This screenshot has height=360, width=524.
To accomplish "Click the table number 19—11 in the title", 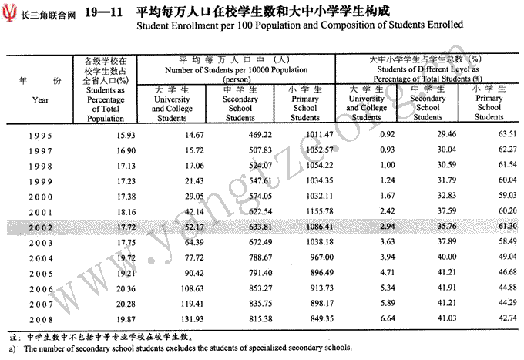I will (102, 12).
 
